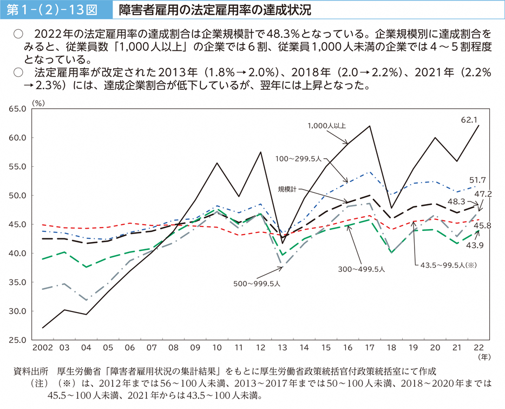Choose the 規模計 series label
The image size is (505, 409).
pos(289,189)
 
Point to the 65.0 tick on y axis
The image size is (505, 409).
pos(17,109)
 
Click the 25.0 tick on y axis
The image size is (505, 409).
pos(17,340)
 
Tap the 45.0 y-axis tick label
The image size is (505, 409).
pos(17,224)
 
